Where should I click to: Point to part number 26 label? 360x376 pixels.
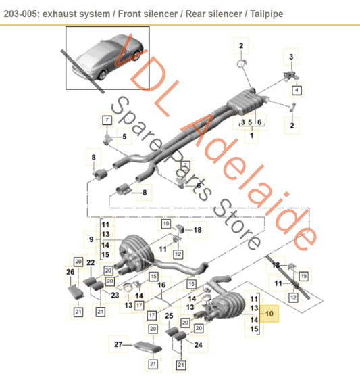tap(70, 273)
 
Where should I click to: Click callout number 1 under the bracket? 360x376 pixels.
tap(251, 136)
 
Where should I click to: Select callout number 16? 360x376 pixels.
tap(161, 285)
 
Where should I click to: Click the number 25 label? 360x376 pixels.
tap(170, 315)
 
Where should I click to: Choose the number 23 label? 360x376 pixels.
tap(115, 295)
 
